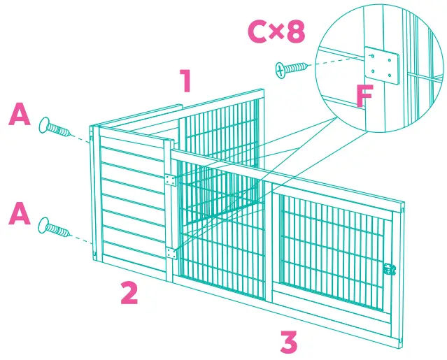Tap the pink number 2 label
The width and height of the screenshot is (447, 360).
coord(128,292)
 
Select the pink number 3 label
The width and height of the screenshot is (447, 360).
coord(289,342)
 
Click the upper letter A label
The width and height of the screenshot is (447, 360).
coord(19,115)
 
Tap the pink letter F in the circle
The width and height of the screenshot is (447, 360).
coord(362,96)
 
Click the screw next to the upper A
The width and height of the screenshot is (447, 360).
coord(56,128)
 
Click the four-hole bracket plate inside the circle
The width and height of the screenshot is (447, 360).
coord(381,66)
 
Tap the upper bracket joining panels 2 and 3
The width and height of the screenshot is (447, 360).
coord(169,180)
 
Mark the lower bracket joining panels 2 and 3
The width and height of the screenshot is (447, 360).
coord(170,252)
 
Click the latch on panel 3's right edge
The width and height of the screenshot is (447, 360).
coord(390,269)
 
